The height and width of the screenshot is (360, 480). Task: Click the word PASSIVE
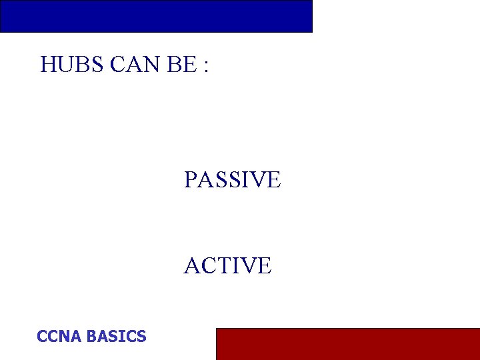(232, 179)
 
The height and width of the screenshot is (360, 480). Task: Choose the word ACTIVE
(227, 265)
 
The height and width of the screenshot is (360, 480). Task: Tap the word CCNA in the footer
(59, 336)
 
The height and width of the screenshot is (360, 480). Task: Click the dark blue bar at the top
(156, 16)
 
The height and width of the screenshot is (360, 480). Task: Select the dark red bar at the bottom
(347, 343)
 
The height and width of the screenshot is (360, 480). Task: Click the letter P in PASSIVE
(191, 179)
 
